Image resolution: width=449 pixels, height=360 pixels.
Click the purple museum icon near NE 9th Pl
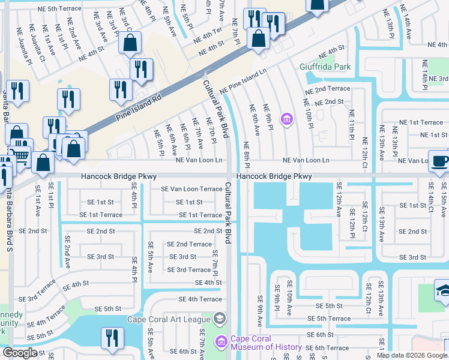coord(287,120)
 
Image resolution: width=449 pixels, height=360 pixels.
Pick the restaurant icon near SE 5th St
coord(112,338)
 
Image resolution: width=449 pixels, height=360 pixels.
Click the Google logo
coord(20,353)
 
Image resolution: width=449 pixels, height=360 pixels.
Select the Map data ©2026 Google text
coord(412,355)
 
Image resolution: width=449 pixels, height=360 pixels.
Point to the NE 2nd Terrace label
coord(327,89)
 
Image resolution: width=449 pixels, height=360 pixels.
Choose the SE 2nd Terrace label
coord(189,244)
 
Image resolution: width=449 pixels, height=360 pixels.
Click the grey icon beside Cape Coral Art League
coord(220,318)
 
